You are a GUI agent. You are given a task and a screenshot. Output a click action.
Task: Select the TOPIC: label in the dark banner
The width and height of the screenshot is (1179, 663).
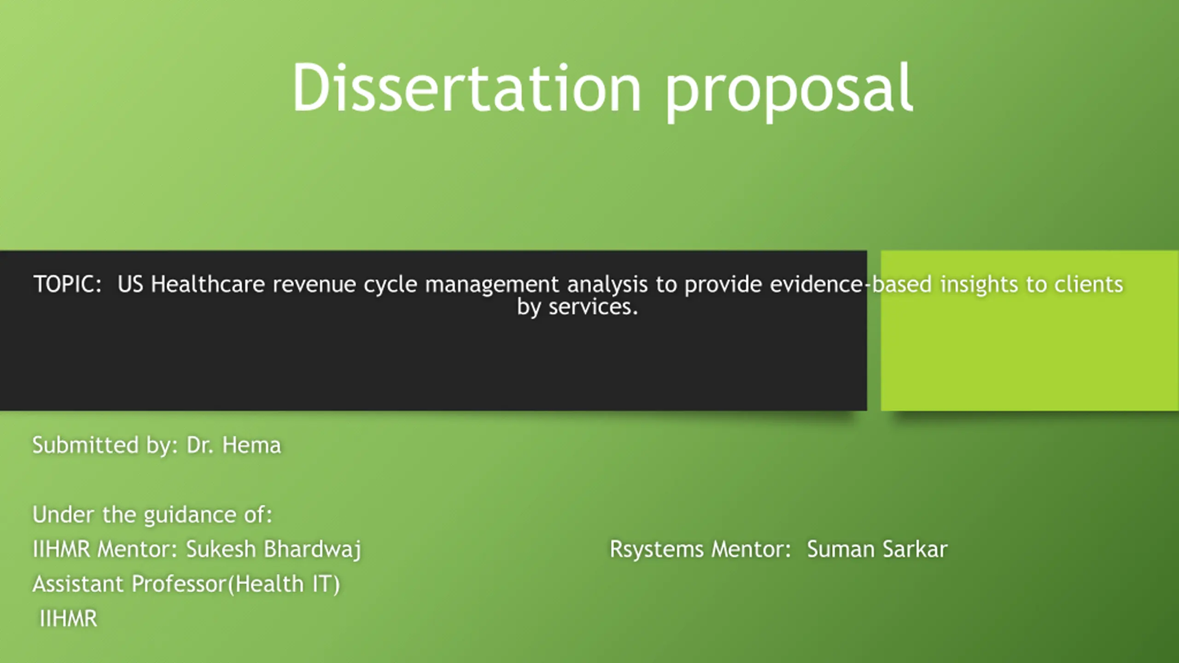67,284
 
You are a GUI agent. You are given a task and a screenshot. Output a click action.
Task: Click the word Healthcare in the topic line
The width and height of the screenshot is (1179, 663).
207,284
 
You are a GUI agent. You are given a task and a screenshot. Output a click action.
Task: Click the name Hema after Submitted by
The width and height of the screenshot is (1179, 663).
251,445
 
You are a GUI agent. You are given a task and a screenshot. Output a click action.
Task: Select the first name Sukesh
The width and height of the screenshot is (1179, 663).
221,549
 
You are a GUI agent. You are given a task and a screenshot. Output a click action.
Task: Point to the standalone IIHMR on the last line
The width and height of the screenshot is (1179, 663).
69,618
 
